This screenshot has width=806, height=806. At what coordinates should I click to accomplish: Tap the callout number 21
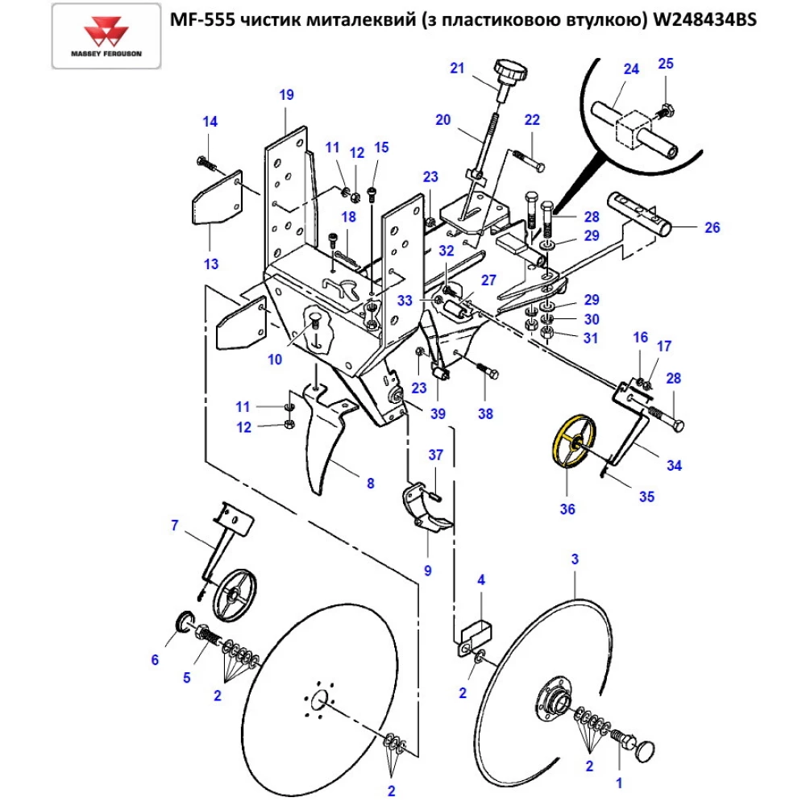point(458,69)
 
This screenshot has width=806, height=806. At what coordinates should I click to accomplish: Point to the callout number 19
point(287,95)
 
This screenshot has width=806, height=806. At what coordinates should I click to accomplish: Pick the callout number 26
point(712,227)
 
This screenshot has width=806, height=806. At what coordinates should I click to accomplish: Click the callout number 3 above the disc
point(575,559)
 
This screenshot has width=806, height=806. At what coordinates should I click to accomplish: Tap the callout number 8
point(370,484)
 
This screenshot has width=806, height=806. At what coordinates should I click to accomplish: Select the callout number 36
point(568,509)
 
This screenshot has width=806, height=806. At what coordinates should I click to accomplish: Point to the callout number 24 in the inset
point(631,69)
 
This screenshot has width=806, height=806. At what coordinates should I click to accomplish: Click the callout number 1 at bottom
point(619,781)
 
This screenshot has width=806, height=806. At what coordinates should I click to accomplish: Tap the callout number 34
point(673,465)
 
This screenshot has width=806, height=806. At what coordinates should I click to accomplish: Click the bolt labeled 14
point(205,162)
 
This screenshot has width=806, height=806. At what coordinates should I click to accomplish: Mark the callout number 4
point(481,580)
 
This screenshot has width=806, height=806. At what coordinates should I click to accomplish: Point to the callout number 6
point(155,660)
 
